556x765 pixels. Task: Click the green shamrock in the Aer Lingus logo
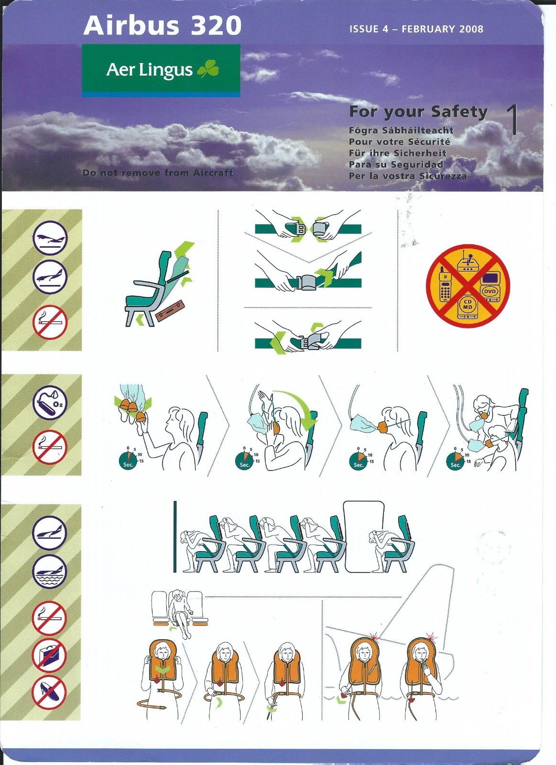208,69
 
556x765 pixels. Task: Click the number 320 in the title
216,26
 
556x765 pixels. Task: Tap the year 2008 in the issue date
471,29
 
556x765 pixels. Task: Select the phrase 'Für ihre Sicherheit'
398,153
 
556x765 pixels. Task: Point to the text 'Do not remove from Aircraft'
158,173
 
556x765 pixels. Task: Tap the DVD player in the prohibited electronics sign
490,287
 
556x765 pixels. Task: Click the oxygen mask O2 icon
50,403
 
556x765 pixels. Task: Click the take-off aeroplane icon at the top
50,238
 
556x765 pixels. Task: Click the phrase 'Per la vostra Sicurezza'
408,176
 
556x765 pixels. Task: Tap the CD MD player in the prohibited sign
468,307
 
